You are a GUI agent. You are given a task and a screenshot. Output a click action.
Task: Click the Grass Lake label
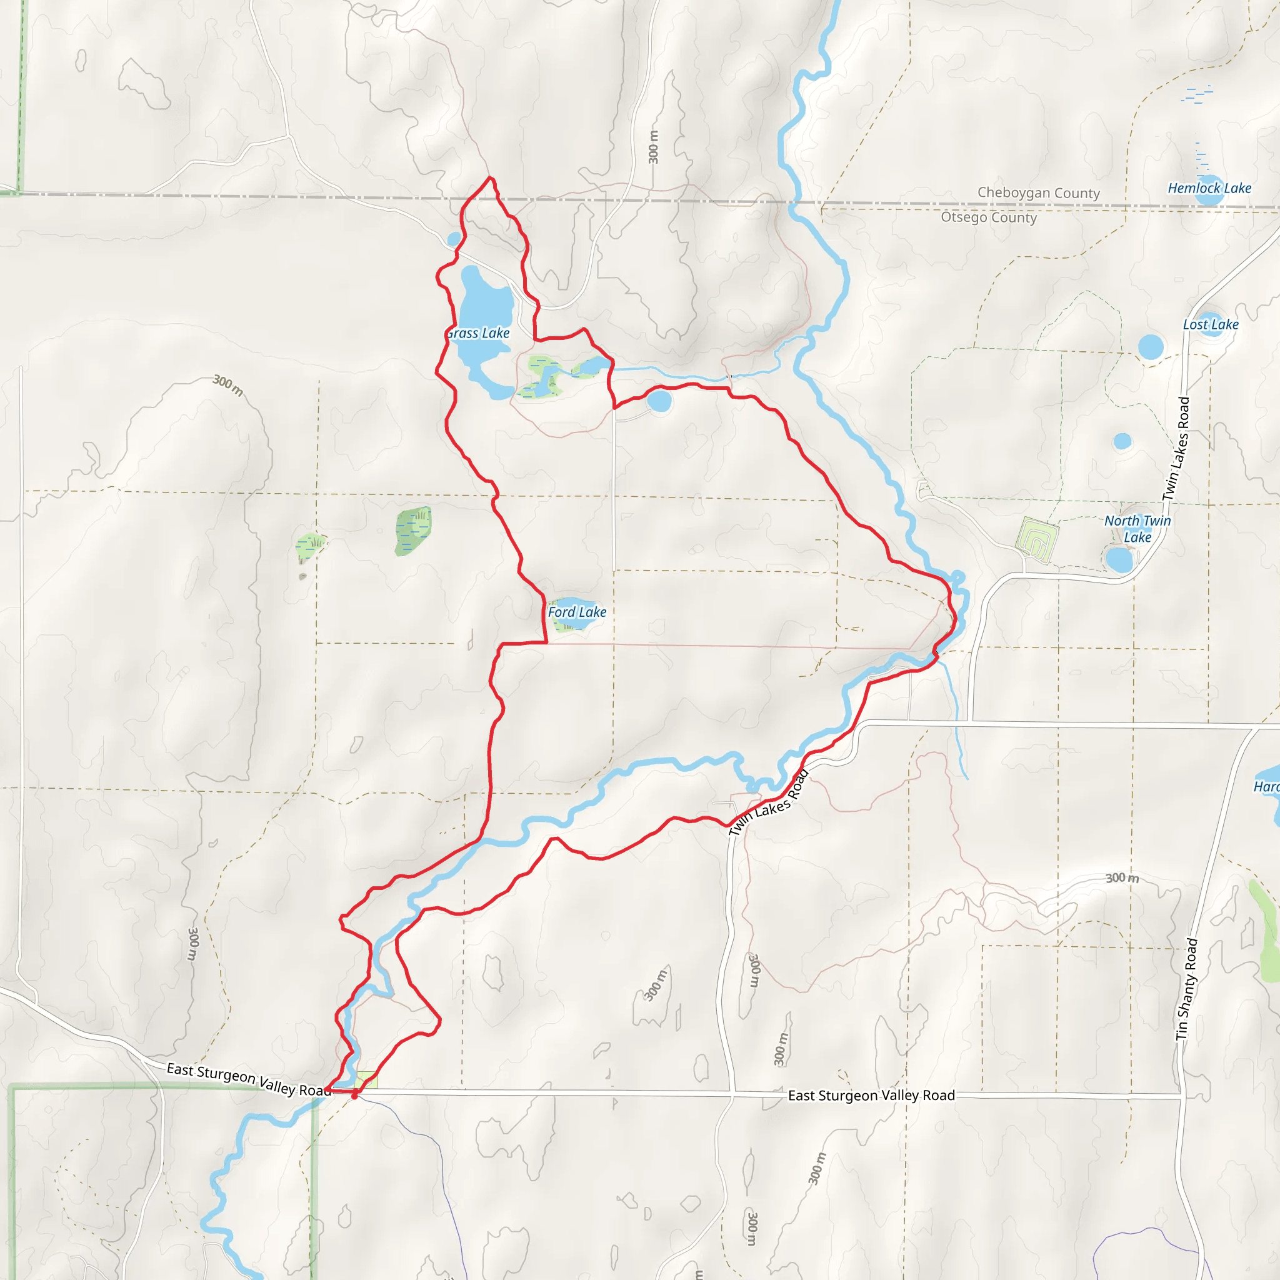478,333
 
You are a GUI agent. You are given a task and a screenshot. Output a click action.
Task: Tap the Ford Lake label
576,612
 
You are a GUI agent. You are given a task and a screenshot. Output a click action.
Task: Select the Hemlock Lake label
1209,188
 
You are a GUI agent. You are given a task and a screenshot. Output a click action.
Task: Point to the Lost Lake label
1211,324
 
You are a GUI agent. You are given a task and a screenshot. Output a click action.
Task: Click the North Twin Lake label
1137,529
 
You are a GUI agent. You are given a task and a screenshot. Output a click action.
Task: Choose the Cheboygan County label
1038,192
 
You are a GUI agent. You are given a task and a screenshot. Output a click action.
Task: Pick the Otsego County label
989,217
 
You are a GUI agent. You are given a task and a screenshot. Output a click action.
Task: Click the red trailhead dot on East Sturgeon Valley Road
354,1096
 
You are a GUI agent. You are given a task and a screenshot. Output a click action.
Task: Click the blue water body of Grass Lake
486,311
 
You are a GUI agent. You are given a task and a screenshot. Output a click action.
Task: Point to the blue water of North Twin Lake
1119,560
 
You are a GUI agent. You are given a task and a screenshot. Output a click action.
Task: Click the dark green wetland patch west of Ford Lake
413,530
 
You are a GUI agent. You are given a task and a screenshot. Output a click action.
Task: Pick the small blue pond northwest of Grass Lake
454,239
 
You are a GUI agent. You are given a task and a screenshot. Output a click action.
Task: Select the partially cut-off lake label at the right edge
1266,786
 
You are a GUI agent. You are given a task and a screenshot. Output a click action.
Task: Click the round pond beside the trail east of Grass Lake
659,401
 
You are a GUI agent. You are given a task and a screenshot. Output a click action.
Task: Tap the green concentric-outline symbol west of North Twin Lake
1036,540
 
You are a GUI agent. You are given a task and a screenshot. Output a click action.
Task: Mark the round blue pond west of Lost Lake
1151,347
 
